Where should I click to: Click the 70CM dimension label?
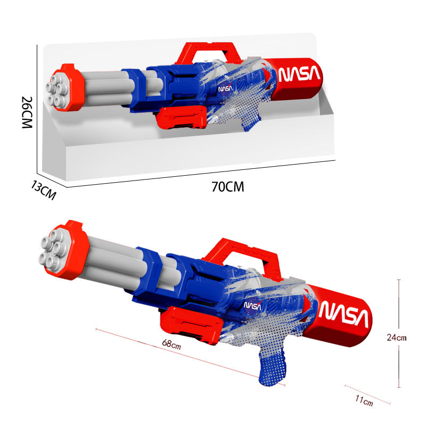coord(227,187)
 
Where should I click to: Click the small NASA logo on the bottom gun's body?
coord(252,306)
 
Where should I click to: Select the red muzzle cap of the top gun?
coord(72,88)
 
